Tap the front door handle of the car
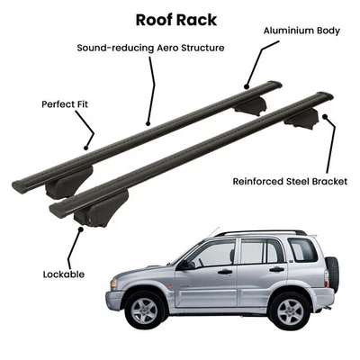[224, 271]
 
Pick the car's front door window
[215, 253]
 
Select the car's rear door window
[262, 251]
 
